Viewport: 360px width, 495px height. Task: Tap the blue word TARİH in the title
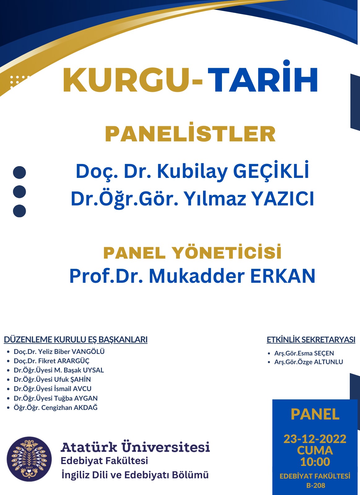click(262, 76)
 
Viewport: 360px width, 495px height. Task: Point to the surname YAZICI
click(283, 198)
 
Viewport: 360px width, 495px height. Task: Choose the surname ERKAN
click(283, 276)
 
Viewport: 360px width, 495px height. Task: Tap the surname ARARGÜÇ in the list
click(73, 361)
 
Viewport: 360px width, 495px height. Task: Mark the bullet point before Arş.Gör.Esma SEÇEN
click(269, 353)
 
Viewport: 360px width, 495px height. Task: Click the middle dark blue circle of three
click(20, 192)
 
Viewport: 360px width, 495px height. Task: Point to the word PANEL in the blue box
click(315, 414)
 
